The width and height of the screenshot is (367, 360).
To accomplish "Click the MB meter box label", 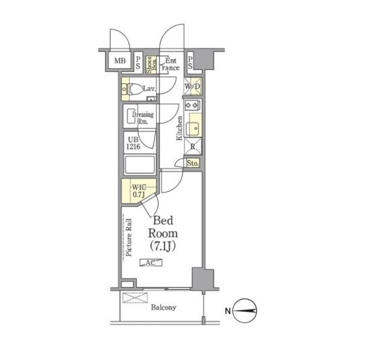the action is point(120,61).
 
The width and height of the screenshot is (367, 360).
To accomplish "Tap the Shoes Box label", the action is point(151,65).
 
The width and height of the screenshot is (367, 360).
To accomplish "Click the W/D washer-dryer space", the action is point(192,86).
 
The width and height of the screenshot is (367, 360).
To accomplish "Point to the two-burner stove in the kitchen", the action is point(192,106).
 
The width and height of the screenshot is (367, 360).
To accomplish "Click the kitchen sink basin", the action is point(193,129).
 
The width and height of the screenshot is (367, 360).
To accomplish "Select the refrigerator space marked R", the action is point(193,146).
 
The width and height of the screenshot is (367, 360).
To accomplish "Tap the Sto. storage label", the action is point(193,163).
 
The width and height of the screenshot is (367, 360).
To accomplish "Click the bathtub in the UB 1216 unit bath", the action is point(140,164).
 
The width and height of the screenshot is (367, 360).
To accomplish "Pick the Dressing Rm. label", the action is point(143,118).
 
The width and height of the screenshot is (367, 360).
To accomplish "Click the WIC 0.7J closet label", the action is point(139,191).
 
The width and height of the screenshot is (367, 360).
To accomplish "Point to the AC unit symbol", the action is point(151,263).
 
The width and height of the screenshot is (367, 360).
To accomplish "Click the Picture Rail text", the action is point(129,237).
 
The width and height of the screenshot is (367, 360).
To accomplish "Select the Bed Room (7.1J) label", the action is point(163,234).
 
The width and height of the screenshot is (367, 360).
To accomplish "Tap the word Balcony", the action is point(163,307).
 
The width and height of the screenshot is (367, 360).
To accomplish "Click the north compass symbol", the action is point(245,311).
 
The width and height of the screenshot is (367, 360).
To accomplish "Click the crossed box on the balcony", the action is point(135,298).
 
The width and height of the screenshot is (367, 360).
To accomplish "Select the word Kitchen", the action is point(179,128).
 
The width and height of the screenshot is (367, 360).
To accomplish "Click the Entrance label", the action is point(171,64).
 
